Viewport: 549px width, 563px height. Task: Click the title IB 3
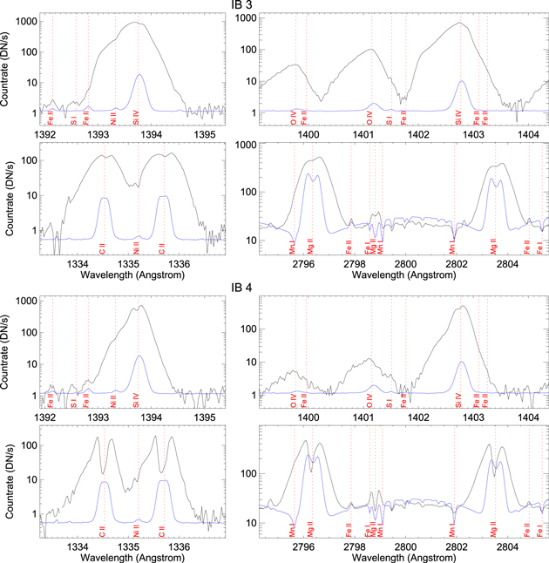point(274,6)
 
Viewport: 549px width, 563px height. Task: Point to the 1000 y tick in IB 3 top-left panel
point(26,19)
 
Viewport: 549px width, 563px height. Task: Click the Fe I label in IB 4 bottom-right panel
point(540,528)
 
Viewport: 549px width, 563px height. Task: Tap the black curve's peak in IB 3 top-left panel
point(137,23)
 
